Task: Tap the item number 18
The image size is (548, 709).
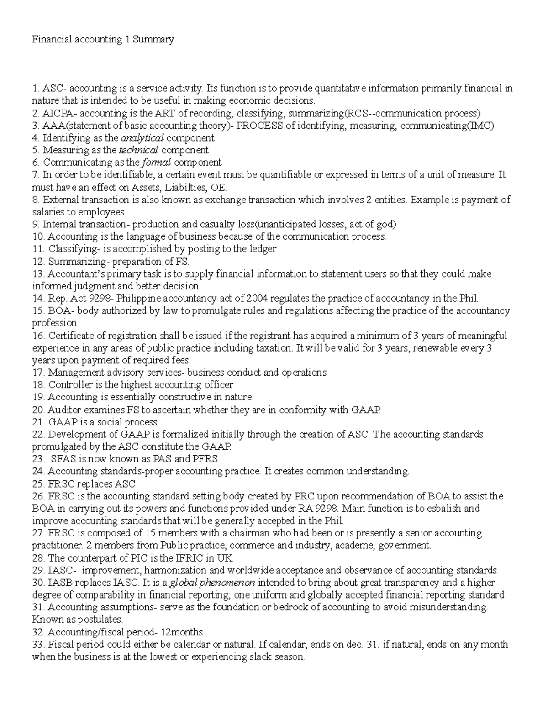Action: pyautogui.click(x=38, y=385)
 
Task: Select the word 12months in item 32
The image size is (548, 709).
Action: pyautogui.click(x=181, y=632)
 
